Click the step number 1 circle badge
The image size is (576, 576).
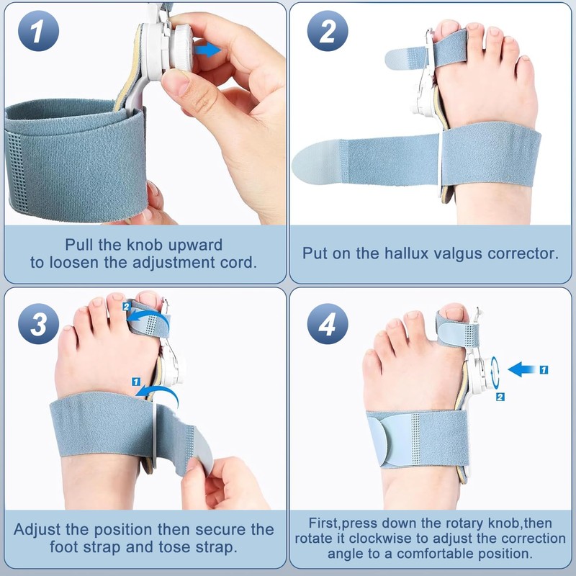click(39, 31)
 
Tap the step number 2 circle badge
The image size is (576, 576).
click(328, 31)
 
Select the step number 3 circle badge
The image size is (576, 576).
click(39, 323)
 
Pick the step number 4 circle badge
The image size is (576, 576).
click(328, 323)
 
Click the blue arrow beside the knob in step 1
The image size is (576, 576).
click(207, 50)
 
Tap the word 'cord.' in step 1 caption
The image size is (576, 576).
click(238, 262)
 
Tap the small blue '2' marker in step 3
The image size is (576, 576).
click(127, 307)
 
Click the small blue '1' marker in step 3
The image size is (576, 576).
click(136, 382)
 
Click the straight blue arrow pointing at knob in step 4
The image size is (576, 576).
click(522, 369)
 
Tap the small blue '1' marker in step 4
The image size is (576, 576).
click(544, 369)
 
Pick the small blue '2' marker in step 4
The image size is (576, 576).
click(500, 397)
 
